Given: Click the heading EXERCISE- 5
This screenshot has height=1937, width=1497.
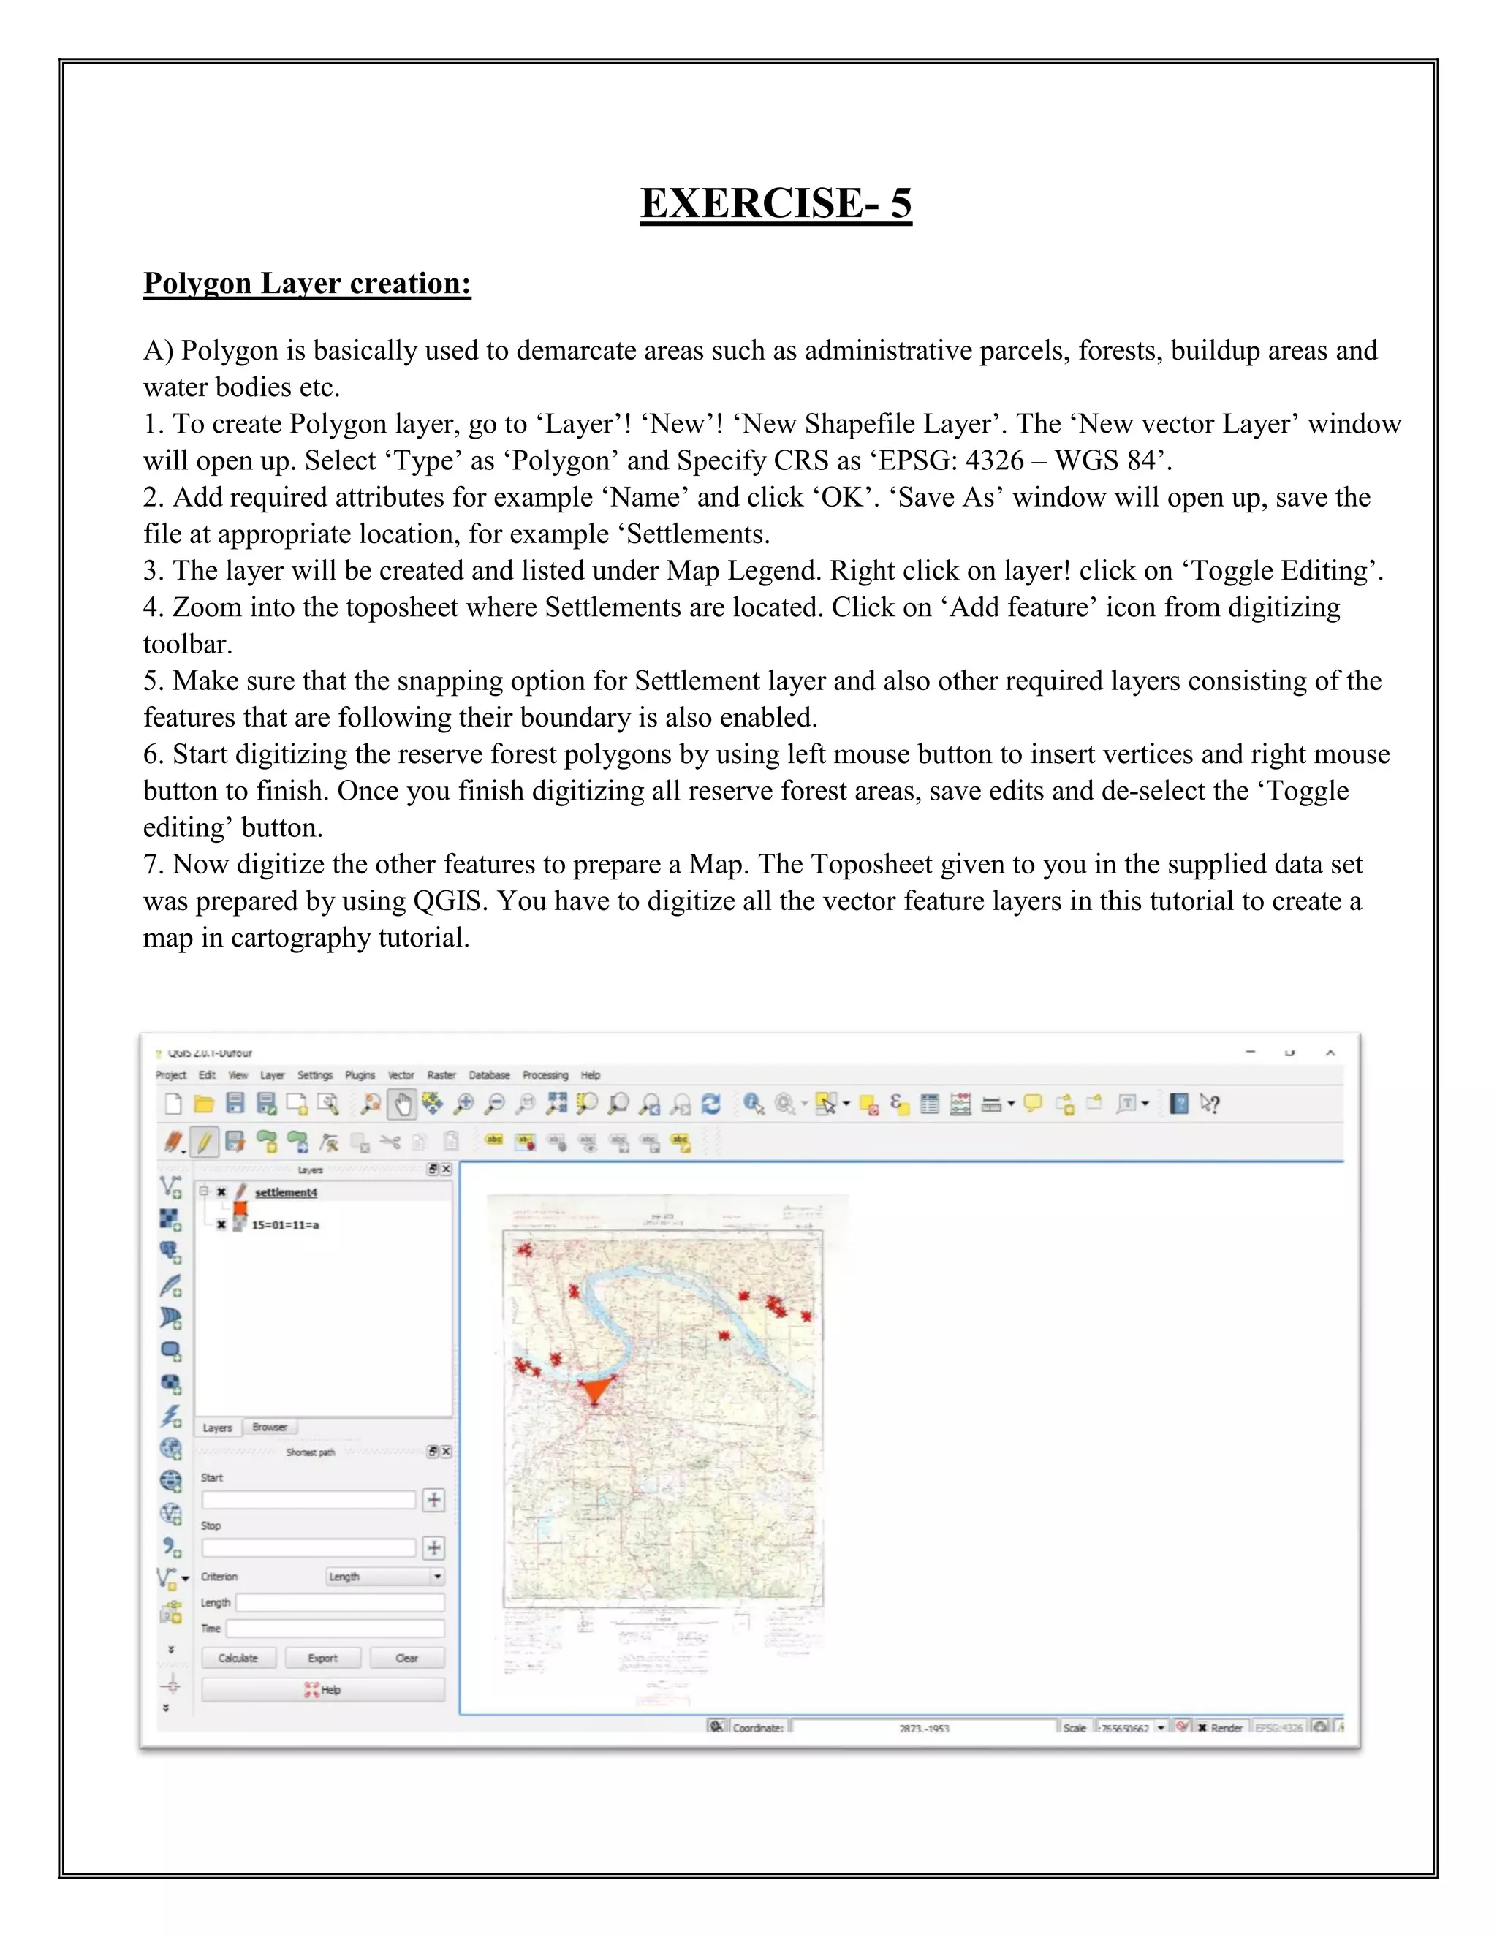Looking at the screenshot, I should click(776, 203).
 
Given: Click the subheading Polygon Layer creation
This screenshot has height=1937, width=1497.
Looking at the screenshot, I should click(307, 283).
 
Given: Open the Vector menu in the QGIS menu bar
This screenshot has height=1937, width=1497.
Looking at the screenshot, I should click(401, 1075).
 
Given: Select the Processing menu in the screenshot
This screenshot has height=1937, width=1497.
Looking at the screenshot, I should click(545, 1075).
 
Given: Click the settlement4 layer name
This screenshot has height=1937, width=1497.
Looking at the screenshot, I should click(286, 1193).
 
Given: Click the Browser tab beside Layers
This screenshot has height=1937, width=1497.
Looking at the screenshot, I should click(270, 1427).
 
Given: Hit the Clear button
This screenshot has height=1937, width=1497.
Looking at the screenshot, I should click(406, 1658).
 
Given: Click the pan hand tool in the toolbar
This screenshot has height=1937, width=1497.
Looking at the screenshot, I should click(403, 1104).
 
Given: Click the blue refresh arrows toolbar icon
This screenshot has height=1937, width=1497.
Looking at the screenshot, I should click(710, 1104).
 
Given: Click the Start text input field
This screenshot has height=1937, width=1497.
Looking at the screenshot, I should click(308, 1500).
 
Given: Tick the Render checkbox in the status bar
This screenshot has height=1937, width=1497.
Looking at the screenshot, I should click(1202, 1728).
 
